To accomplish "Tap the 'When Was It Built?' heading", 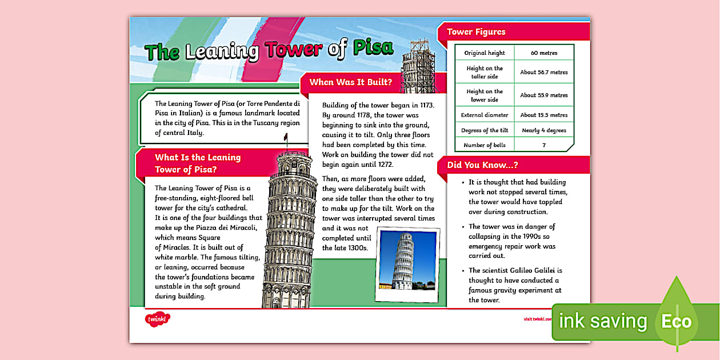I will (x=350, y=82).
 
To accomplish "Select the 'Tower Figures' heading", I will (x=476, y=32).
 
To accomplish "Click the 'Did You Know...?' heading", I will (x=482, y=165).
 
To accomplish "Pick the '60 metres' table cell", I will (x=543, y=53).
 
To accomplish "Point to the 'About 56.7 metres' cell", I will (x=543, y=73).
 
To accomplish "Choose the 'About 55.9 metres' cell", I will (x=543, y=95).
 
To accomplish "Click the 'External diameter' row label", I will (x=485, y=115).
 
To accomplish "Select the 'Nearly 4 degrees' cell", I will (x=543, y=130).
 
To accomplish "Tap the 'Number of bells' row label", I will (x=485, y=145).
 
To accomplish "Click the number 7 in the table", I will (x=543, y=145).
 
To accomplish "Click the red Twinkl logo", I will (x=157, y=319).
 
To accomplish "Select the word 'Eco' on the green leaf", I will (x=676, y=321).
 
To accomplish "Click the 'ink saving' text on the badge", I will (x=602, y=322).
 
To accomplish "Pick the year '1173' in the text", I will (x=426, y=105).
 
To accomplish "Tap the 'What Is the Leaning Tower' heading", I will (x=198, y=163).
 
